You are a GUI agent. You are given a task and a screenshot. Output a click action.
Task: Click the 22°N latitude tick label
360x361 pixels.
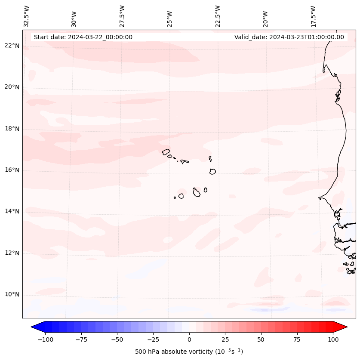click(12, 46)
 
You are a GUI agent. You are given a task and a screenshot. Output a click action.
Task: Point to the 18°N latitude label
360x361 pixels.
click(12, 129)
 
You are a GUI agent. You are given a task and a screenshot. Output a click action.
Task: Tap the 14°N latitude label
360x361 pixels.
click(12, 211)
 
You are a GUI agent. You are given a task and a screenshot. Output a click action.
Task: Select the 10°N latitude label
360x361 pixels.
click(12, 295)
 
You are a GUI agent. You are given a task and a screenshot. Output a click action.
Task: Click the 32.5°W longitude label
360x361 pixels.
click(27, 16)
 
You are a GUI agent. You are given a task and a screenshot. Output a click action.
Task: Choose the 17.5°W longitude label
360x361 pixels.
click(313, 16)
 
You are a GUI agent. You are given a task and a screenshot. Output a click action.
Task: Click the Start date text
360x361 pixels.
click(83, 37)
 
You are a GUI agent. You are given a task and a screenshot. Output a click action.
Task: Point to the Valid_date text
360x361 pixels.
click(289, 37)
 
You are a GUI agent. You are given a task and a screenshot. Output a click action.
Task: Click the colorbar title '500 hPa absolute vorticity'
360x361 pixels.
click(189, 352)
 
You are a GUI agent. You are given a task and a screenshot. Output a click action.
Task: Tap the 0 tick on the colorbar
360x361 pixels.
click(189, 339)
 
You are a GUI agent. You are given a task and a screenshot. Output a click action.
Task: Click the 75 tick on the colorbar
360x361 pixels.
click(297, 339)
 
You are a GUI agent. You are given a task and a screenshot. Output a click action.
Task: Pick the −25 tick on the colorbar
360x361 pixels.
click(153, 339)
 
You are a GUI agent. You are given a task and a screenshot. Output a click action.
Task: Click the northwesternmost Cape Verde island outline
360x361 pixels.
click(166, 151)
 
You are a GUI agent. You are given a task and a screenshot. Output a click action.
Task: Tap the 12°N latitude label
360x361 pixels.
click(12, 253)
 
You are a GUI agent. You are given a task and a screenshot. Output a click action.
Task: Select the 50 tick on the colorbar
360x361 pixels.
click(261, 339)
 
